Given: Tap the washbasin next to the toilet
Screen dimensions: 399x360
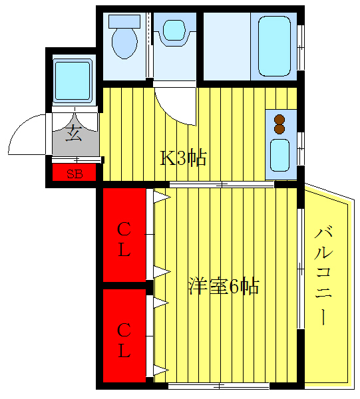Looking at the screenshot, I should (174, 31).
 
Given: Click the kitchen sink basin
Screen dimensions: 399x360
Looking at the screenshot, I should (279, 154).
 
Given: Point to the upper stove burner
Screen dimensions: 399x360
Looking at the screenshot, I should (279, 120).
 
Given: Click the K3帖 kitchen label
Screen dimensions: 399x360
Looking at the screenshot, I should (184, 158).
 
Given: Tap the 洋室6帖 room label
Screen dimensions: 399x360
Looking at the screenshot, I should (223, 287).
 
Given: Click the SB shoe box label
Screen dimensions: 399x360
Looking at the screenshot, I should (75, 175).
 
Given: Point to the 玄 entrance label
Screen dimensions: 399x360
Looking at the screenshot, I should (74, 134).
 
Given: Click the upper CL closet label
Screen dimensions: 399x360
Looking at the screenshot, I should (124, 240).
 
